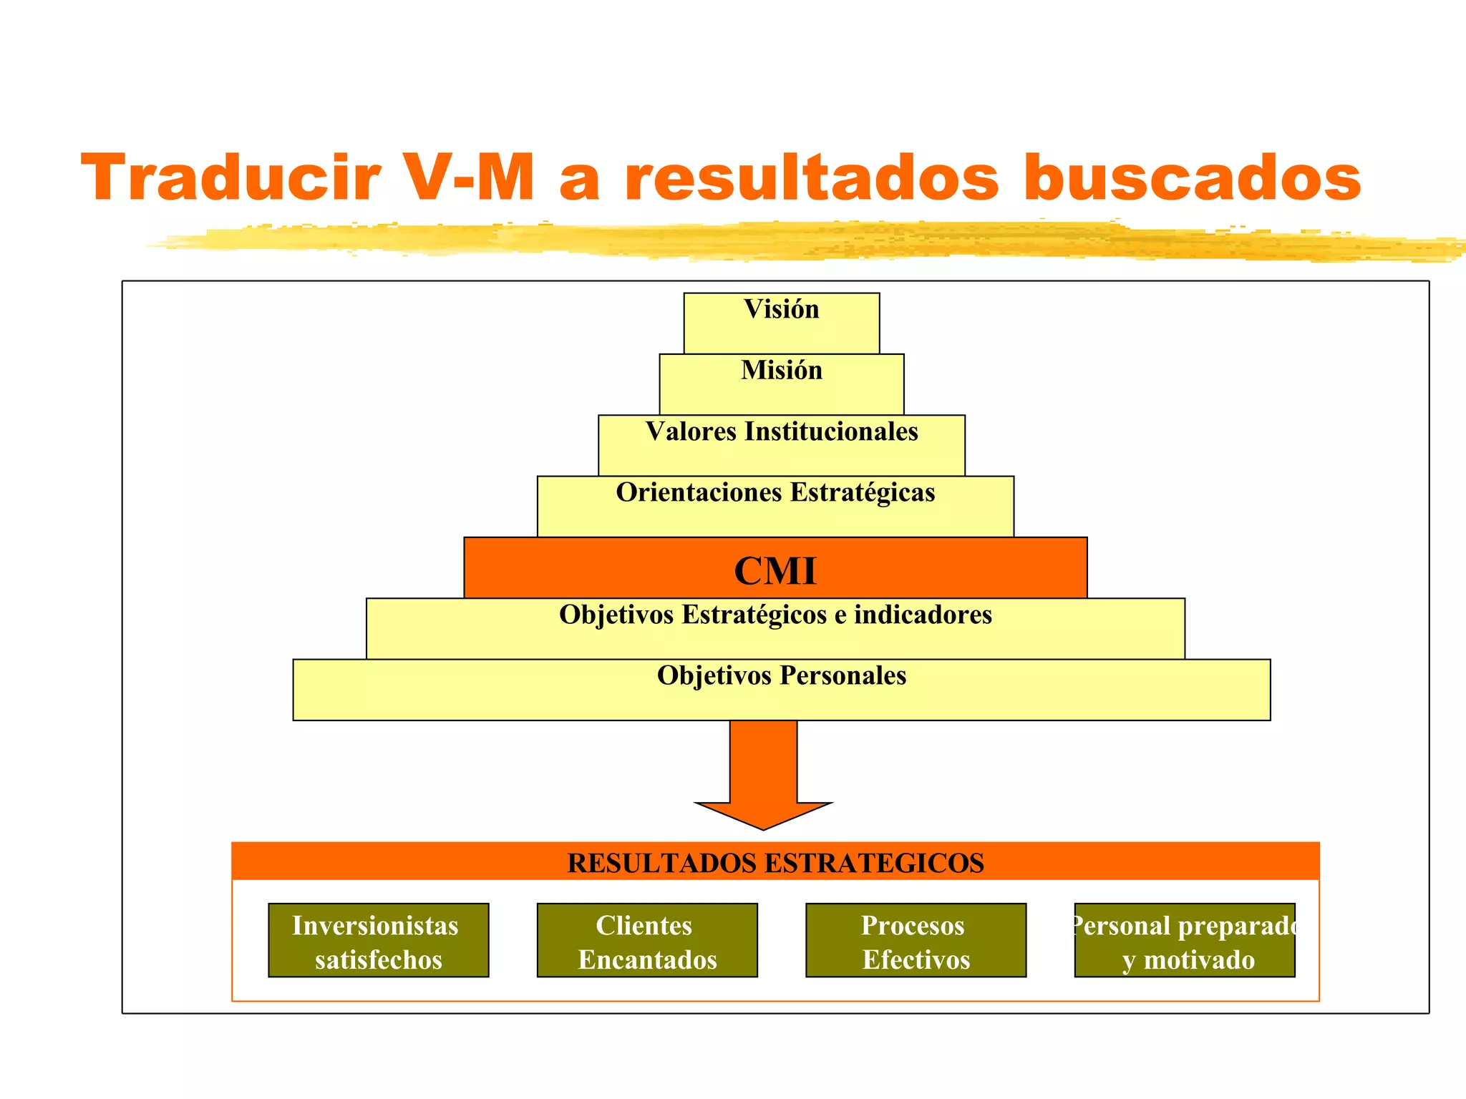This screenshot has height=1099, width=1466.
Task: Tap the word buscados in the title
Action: (1192, 177)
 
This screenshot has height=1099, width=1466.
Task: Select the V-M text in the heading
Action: (469, 177)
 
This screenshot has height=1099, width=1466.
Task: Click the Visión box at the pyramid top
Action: (781, 323)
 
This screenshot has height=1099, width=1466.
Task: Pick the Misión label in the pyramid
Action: (781, 371)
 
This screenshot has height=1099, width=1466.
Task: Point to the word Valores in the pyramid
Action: (691, 432)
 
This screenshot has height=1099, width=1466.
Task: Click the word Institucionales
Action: (831, 432)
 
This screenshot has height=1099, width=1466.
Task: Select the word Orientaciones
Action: (699, 493)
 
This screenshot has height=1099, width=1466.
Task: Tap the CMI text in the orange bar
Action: (775, 571)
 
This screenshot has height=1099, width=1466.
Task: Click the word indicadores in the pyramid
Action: (923, 615)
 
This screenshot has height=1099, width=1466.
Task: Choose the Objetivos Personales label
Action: (781, 676)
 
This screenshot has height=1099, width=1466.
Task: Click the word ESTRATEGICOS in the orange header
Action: (875, 864)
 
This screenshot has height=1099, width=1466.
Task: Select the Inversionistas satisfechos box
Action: (378, 940)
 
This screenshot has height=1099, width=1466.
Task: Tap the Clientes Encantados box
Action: (647, 940)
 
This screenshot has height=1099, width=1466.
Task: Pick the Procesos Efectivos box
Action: (916, 940)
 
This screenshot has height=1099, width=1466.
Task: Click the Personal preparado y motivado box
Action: (1185, 940)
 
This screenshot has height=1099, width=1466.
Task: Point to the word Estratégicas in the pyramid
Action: (863, 493)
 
